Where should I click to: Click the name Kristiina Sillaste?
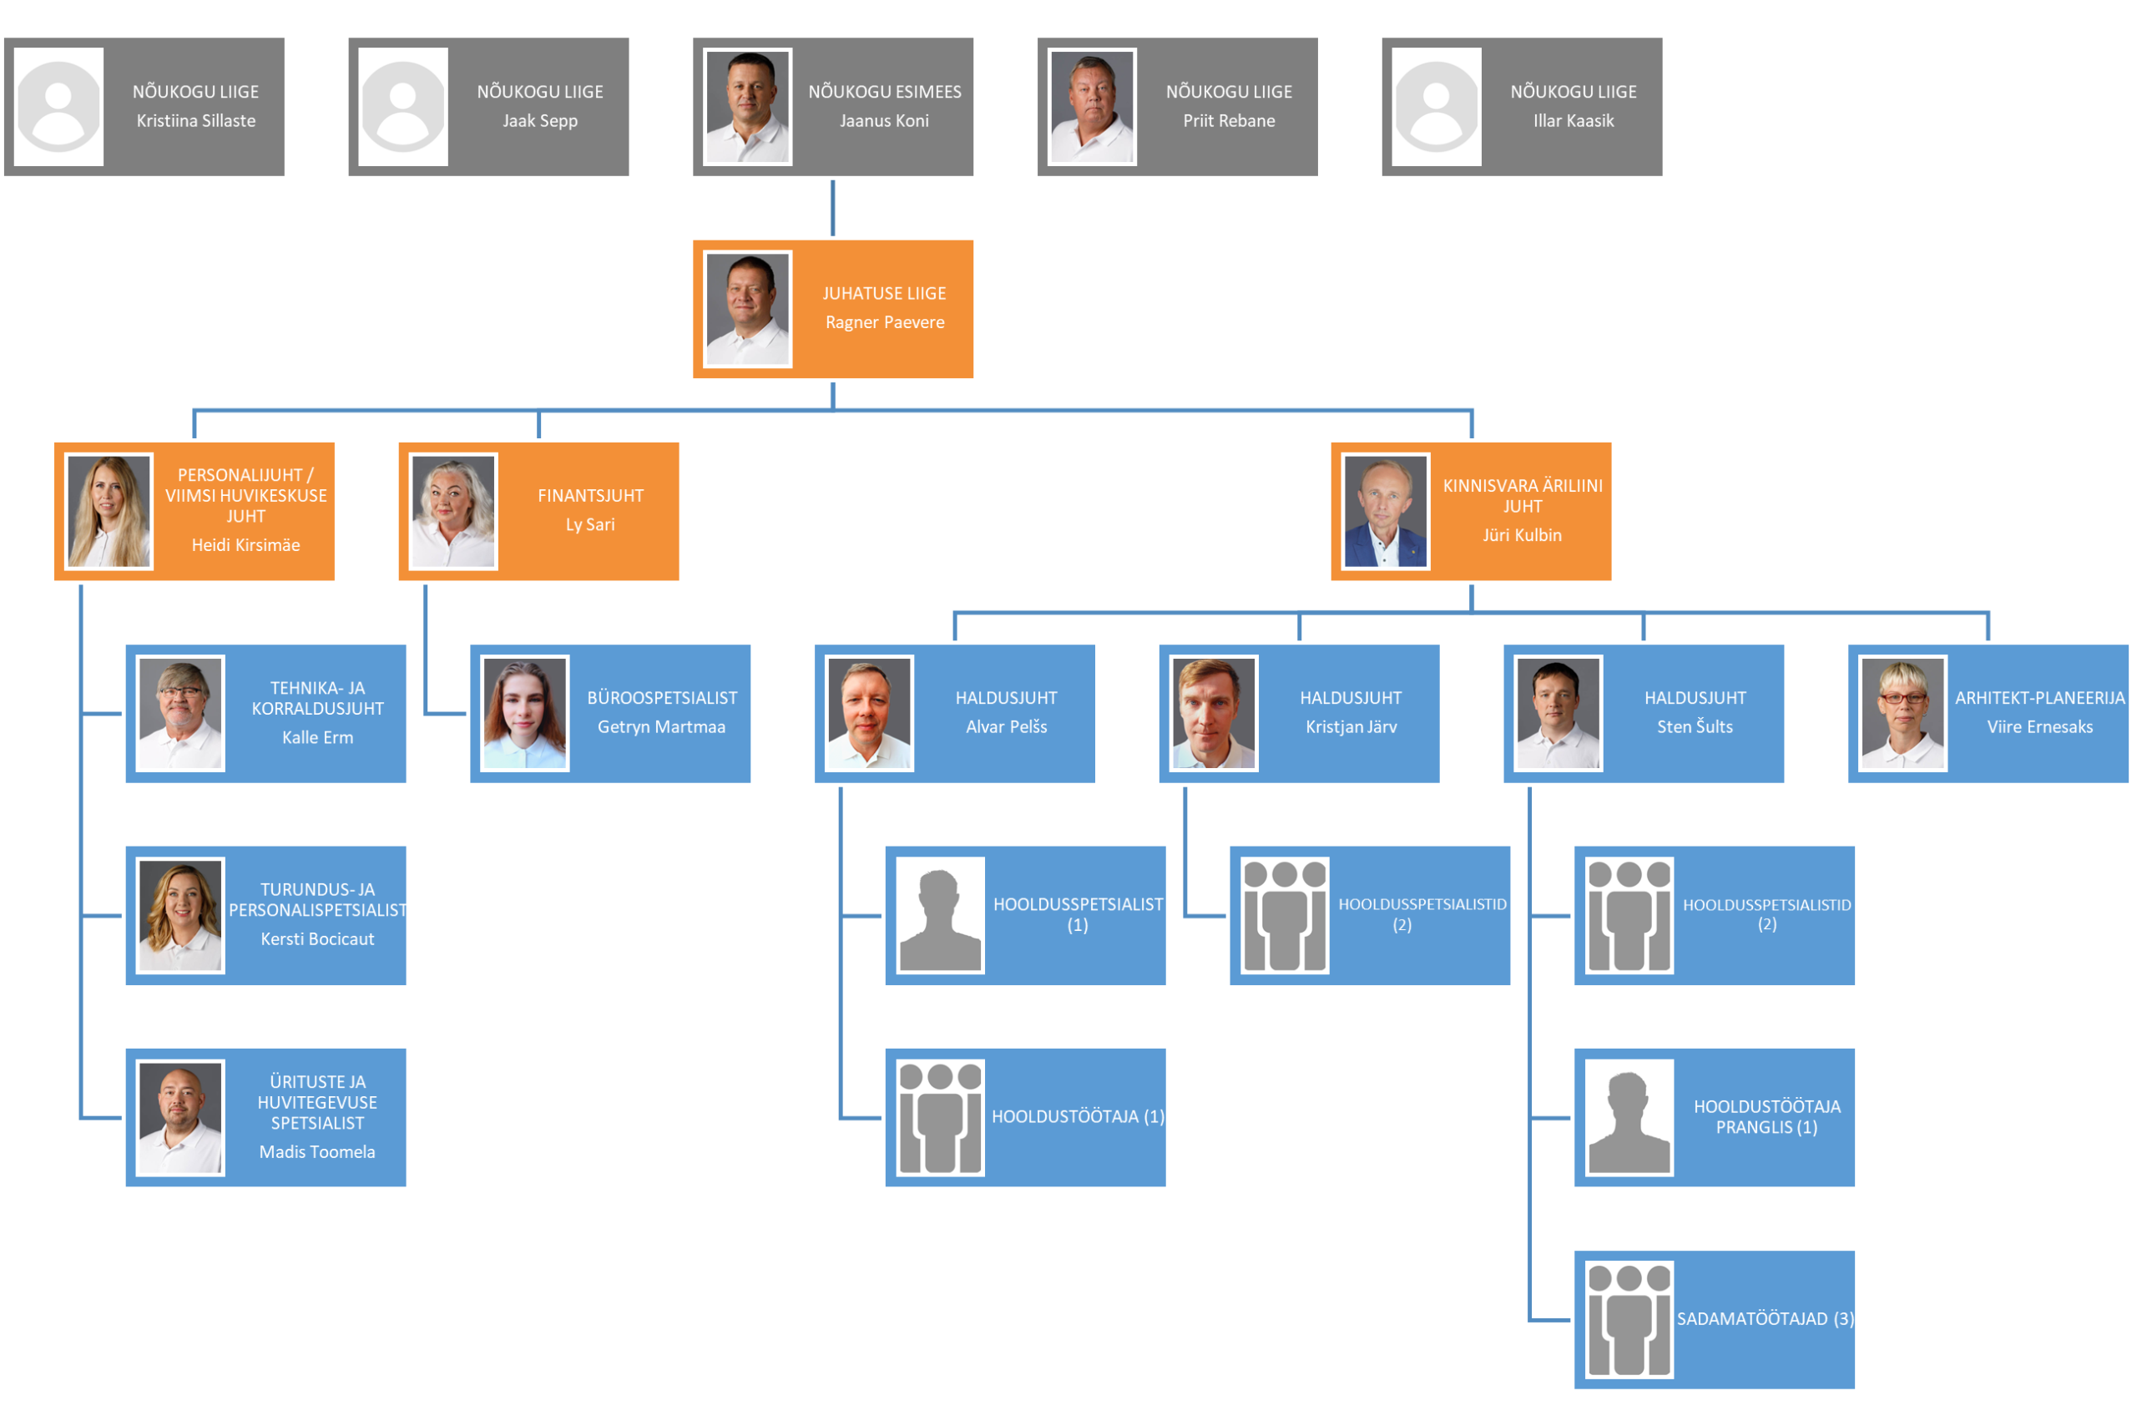(x=195, y=121)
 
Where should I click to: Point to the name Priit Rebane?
(x=1229, y=121)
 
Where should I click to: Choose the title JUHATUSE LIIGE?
(x=884, y=294)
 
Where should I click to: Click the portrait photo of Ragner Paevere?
(x=747, y=309)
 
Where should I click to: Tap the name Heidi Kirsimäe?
(x=245, y=544)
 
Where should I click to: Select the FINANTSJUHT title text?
(x=590, y=496)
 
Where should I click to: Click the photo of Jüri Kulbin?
(x=1385, y=511)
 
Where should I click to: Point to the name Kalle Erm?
(x=317, y=737)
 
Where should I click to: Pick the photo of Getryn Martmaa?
(x=525, y=714)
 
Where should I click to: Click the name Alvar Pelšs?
(x=1006, y=726)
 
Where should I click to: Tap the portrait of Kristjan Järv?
(x=1214, y=714)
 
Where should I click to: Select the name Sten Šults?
(x=1694, y=726)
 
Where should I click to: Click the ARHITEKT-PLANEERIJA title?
(x=2039, y=697)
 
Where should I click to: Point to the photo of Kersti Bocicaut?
(x=180, y=916)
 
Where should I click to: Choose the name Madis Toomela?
(x=317, y=1152)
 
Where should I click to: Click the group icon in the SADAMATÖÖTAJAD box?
(x=1629, y=1320)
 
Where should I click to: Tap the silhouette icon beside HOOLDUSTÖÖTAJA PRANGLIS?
(x=1629, y=1118)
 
